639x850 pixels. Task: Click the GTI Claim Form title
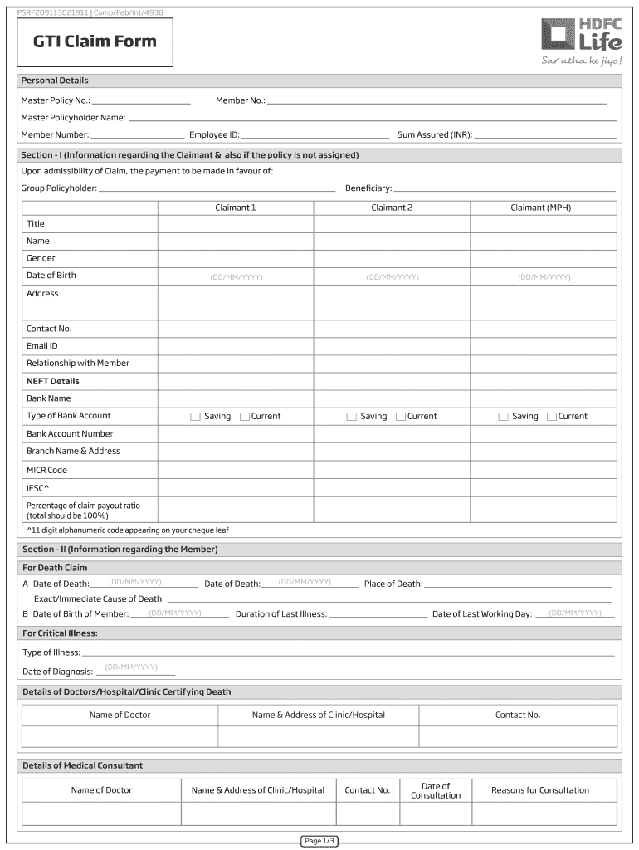tap(95, 42)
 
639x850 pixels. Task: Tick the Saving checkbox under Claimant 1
tap(196, 417)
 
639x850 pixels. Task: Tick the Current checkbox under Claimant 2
tap(401, 417)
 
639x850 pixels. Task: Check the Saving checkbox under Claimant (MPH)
tap(503, 417)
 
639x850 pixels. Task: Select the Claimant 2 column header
tap(392, 208)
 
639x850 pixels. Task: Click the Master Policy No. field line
tap(142, 102)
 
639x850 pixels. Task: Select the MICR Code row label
tap(46, 470)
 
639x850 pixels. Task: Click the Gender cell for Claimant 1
tap(236, 258)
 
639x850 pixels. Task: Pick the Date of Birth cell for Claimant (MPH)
tap(544, 276)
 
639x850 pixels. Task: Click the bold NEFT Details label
tap(53, 381)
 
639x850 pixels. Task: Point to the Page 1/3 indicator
tap(319, 841)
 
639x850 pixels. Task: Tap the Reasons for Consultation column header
tap(540, 790)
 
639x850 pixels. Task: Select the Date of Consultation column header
tap(436, 790)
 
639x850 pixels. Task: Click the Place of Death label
tap(393, 584)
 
